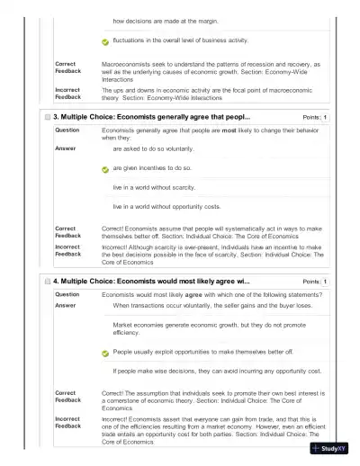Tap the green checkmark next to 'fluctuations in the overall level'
point(104,41)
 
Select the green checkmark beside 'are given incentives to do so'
point(104,168)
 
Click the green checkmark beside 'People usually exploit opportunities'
point(104,352)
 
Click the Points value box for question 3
point(325,118)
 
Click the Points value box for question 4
point(325,282)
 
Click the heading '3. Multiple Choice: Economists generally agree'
point(151,118)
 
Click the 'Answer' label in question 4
point(66,305)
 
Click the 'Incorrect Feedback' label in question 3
point(67,250)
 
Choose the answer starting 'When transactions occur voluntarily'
point(212,305)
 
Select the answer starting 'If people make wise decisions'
point(217,371)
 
